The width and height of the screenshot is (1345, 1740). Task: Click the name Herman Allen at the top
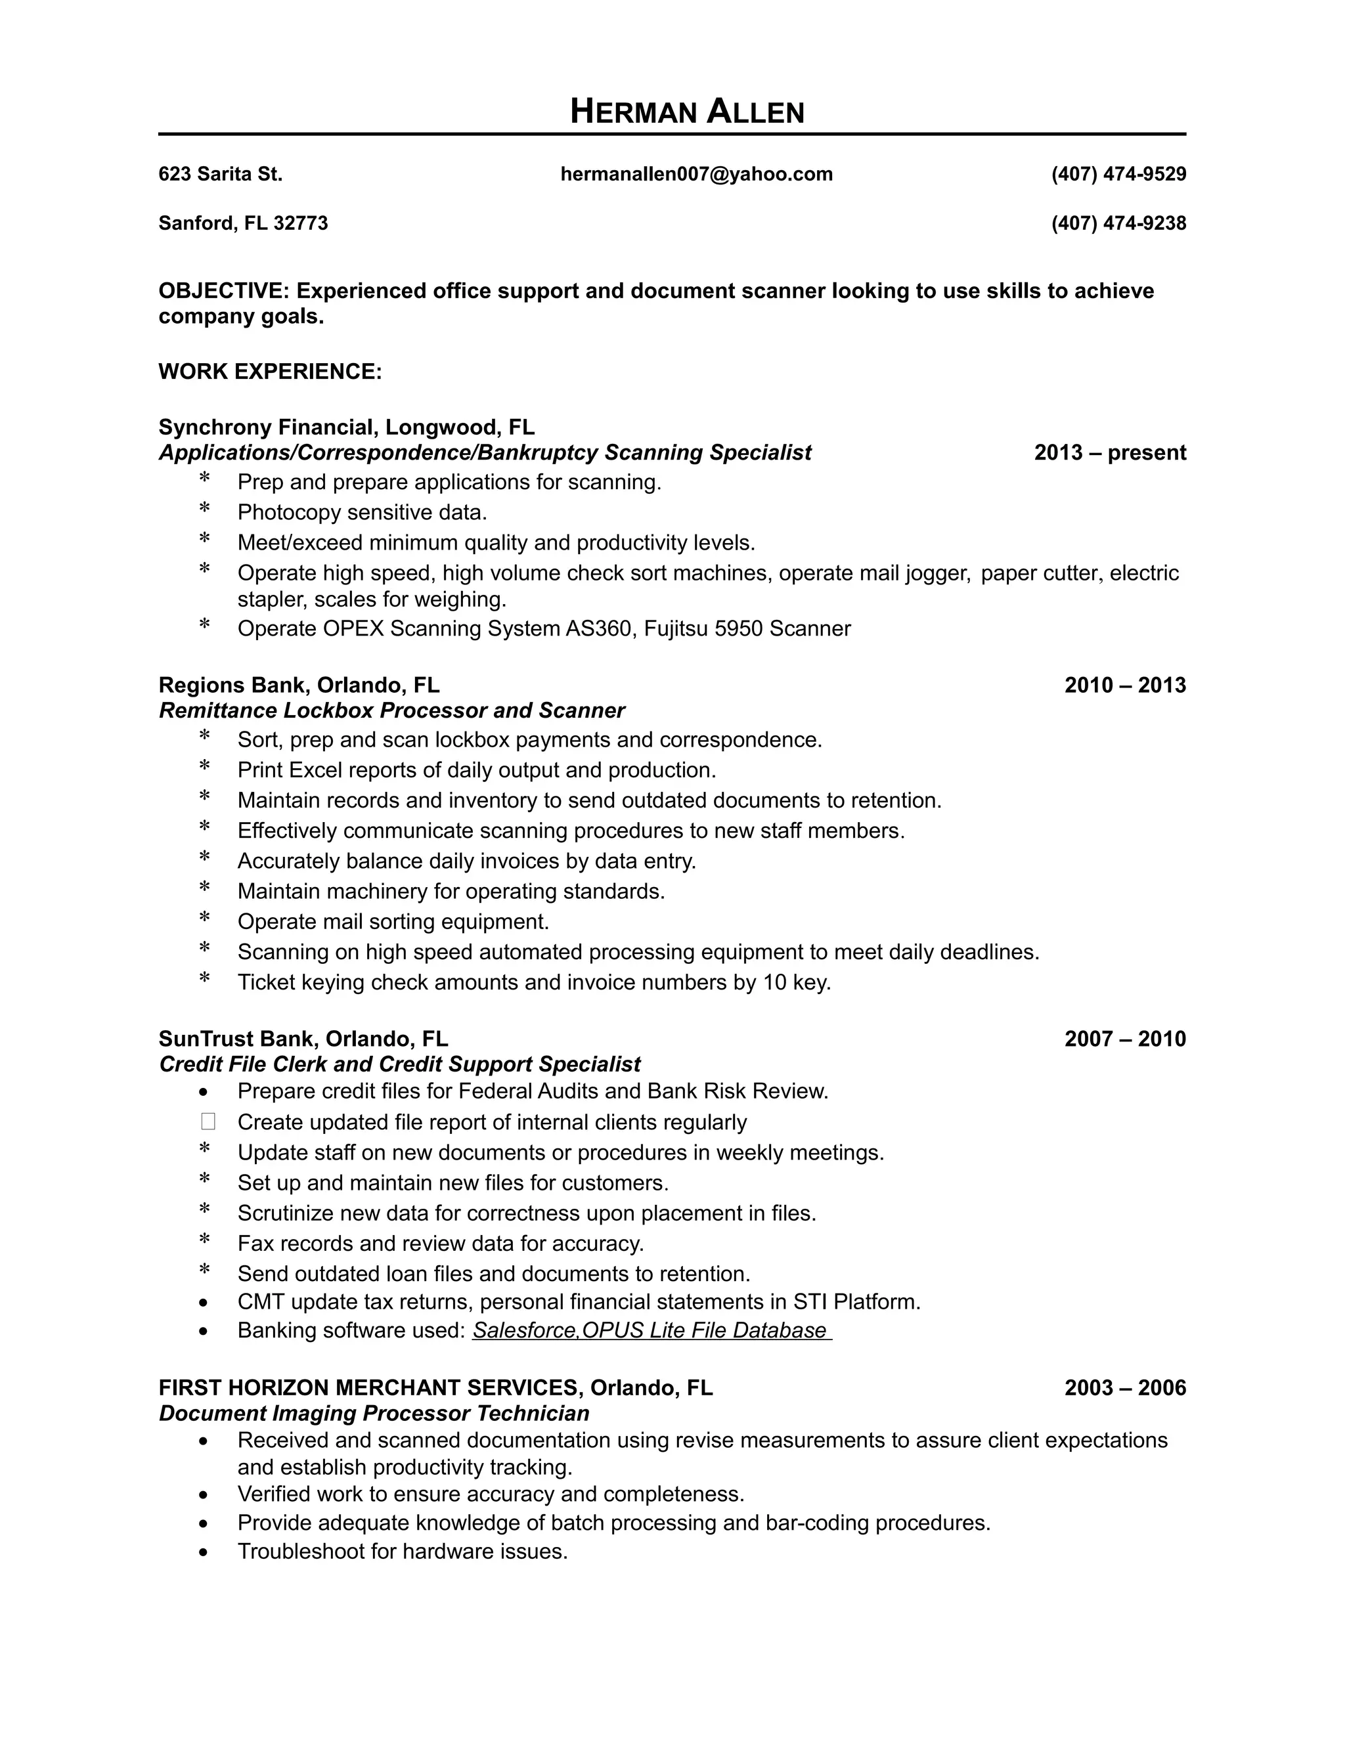coord(687,112)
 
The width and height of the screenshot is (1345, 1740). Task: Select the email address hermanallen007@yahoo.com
coord(696,175)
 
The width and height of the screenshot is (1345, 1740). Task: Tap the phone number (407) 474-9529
coord(1118,175)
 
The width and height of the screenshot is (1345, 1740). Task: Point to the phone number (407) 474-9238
coord(1118,224)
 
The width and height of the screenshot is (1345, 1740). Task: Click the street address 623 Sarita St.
coord(221,175)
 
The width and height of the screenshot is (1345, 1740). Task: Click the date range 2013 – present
coord(1109,453)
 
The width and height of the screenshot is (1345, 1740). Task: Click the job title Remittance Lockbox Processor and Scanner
coord(392,710)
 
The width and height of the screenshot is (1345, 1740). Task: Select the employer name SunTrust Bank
coord(238,1039)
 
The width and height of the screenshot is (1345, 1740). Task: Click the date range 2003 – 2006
coord(1124,1389)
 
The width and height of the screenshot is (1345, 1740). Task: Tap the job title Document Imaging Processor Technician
coord(374,1414)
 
